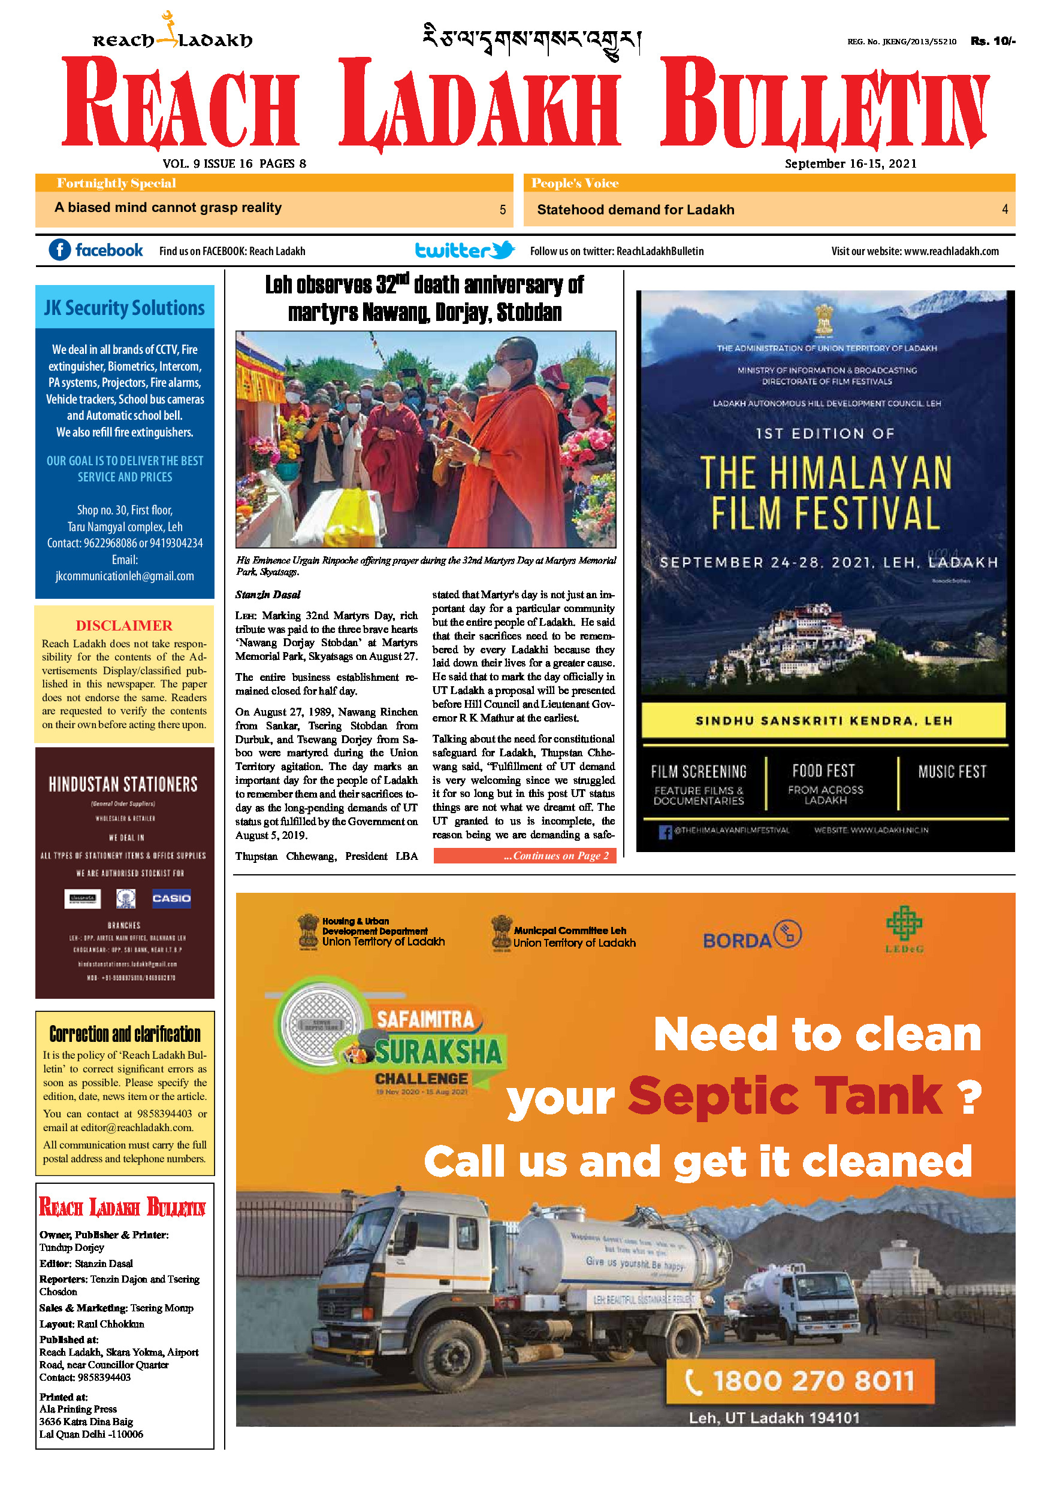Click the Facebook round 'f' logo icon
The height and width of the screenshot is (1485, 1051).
59,250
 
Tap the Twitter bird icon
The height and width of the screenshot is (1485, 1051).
502,250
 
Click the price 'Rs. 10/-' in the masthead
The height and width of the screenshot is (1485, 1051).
992,41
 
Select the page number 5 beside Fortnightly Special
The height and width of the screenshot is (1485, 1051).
502,210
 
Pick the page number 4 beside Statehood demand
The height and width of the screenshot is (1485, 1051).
1004,209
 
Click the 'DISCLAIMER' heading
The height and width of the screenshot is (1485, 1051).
123,625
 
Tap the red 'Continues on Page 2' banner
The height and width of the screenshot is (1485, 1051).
524,856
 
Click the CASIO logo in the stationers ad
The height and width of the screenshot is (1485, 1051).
171,898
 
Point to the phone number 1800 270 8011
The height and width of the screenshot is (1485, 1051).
813,1381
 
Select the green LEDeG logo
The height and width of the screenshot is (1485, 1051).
904,928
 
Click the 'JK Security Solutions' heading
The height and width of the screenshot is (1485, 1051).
124,308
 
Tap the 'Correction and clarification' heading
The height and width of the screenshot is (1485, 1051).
125,1034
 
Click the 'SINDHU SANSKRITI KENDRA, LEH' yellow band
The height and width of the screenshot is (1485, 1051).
823,720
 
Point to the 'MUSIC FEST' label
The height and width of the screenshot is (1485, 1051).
952,772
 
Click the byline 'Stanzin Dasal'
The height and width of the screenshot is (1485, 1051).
268,595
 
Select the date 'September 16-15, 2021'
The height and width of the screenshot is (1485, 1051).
850,163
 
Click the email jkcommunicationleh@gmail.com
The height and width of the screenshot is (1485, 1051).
124,575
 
